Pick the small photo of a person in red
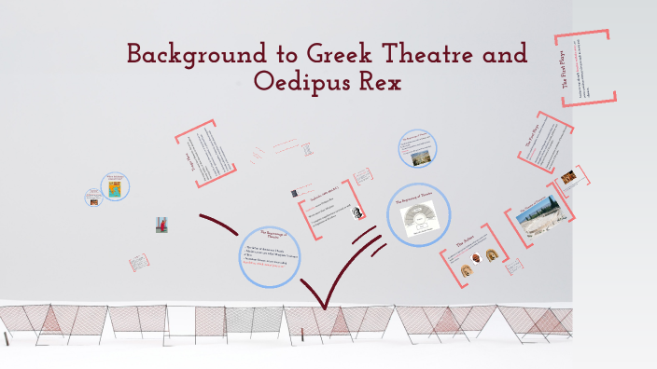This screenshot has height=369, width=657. (161, 225)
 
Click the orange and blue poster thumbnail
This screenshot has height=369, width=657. (115, 189)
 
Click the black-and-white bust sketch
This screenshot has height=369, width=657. (356, 212)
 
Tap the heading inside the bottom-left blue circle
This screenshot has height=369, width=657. (277, 235)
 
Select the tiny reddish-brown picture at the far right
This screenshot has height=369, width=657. (568, 176)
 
